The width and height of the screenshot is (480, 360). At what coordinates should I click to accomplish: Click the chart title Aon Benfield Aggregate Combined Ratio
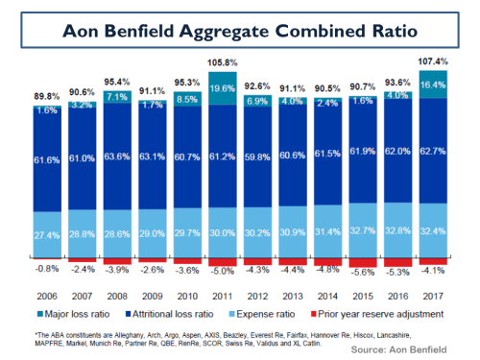pyautogui.click(x=240, y=31)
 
